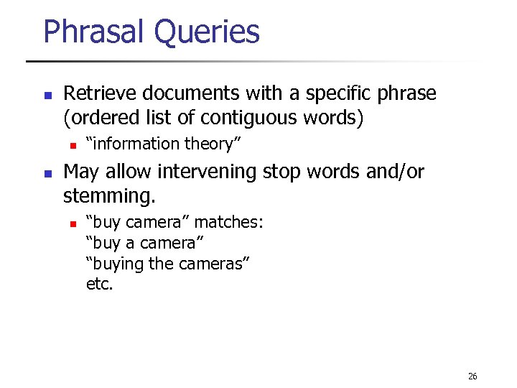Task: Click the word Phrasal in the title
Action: pyautogui.click(x=92, y=32)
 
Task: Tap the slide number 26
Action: pyautogui.click(x=472, y=376)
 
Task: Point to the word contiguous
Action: pyautogui.click(x=267, y=117)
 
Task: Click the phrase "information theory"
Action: pyautogui.click(x=163, y=144)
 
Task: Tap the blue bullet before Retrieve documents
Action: pyautogui.click(x=47, y=95)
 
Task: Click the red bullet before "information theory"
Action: pyautogui.click(x=73, y=144)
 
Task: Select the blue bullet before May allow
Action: pyautogui.click(x=47, y=173)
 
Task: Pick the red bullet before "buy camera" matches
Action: pyautogui.click(x=73, y=223)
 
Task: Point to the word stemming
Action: pyautogui.click(x=108, y=195)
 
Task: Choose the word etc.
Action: pyautogui.click(x=99, y=284)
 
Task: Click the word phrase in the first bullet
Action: pyautogui.click(x=406, y=94)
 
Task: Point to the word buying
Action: pyautogui.click(x=115, y=264)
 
